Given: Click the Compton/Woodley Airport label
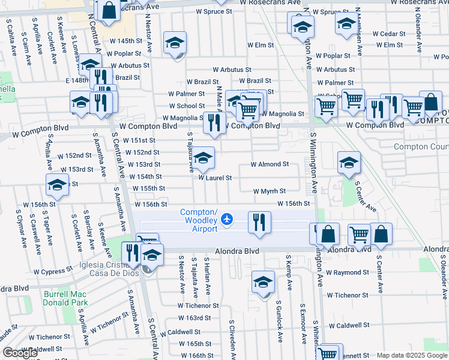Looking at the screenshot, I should tap(199, 218).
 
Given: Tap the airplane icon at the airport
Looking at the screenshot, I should tap(227, 220).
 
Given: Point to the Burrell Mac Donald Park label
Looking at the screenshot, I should tap(66, 298).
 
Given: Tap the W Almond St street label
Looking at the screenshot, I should tap(270, 164).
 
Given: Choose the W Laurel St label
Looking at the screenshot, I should tap(214, 178).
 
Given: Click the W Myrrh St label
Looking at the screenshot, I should tap(268, 191).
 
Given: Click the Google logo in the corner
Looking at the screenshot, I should tap(20, 353).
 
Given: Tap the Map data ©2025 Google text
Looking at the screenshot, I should tap(411, 355).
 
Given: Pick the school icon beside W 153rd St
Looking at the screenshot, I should tap(203, 158).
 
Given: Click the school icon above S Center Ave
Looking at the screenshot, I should tap(349, 162).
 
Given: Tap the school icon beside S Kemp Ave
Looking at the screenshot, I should tap(263, 281).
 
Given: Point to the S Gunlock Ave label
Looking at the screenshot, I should tap(280, 324).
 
